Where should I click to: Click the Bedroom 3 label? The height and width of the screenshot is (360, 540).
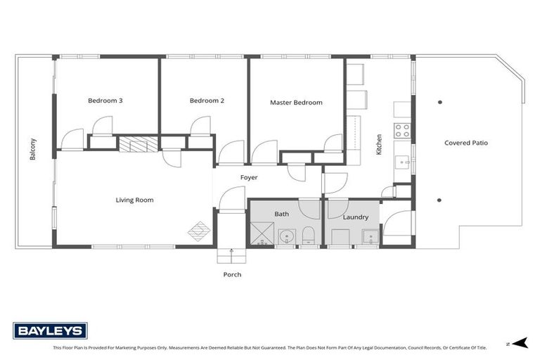(x=105, y=101)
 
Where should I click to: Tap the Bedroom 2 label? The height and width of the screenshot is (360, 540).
(x=207, y=101)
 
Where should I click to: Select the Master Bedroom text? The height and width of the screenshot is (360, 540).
(x=296, y=103)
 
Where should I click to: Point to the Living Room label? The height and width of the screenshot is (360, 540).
(x=134, y=200)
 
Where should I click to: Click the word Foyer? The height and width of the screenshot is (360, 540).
(x=249, y=178)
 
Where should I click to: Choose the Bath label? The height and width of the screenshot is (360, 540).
(x=281, y=214)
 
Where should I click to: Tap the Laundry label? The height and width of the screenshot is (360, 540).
(x=355, y=217)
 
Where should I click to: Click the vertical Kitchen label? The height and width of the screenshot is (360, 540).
(x=379, y=145)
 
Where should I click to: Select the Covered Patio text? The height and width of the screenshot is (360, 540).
(x=465, y=143)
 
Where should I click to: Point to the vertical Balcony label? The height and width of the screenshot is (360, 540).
(x=33, y=149)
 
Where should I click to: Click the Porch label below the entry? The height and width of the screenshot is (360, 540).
(x=232, y=274)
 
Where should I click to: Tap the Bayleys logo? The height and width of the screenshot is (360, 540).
(x=50, y=330)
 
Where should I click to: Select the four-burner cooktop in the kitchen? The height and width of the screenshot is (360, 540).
(x=402, y=130)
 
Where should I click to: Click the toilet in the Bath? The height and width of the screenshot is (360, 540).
(x=308, y=237)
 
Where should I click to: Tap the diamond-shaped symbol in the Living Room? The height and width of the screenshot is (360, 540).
(x=199, y=231)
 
